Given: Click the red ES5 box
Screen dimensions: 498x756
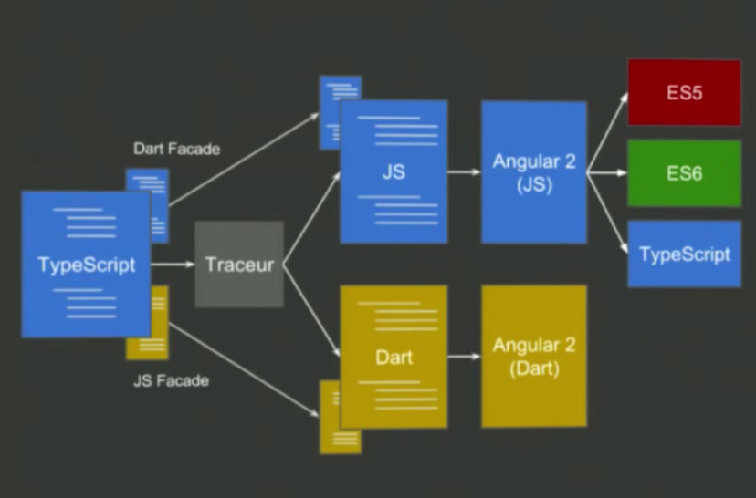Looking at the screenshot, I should tap(683, 92).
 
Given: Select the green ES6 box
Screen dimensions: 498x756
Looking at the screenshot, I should tap(683, 172).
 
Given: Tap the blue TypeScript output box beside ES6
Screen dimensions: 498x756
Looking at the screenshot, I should tap(683, 254).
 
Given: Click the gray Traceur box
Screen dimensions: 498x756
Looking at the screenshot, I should tap(239, 265).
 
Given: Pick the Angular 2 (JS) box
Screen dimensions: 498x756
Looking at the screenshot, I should tap(534, 172).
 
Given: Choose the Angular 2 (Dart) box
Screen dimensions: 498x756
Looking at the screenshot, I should tap(534, 356).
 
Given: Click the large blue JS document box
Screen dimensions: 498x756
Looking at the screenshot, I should tap(394, 172).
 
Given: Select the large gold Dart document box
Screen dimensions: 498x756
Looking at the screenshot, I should tap(394, 356).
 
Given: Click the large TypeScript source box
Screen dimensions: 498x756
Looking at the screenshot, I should tap(86, 265).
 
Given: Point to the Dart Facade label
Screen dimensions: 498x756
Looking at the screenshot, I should tap(176, 149).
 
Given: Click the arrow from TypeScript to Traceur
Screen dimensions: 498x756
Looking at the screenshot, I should tap(173, 265).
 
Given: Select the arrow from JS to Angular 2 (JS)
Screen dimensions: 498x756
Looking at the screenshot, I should tap(464, 172).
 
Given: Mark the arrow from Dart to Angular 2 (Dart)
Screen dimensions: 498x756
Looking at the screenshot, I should tap(464, 356).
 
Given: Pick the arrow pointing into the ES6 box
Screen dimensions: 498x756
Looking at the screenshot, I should tap(606, 172).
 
